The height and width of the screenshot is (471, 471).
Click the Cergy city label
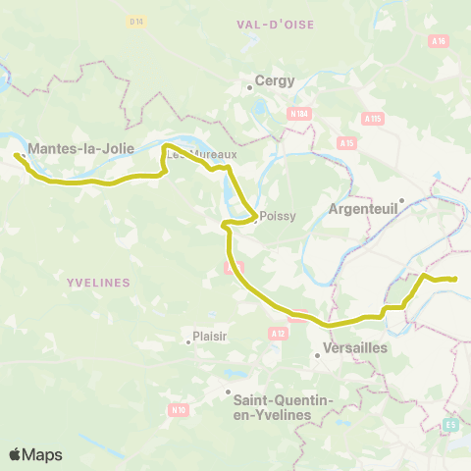tap(275, 81)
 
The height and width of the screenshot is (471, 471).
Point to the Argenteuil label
tap(362, 209)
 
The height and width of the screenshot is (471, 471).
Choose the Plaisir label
tap(210, 336)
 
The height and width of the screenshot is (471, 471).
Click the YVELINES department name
tap(98, 282)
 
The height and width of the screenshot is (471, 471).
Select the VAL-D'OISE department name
tap(275, 23)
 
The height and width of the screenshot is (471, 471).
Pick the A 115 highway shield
tap(371, 118)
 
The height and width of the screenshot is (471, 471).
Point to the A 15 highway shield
tap(345, 143)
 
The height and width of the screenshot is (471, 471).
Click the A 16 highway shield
tap(439, 41)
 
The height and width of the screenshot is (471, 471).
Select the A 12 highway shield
tap(277, 335)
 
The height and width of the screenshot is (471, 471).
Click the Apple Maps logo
tap(35, 454)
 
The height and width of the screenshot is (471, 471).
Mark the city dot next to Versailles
tap(318, 355)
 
